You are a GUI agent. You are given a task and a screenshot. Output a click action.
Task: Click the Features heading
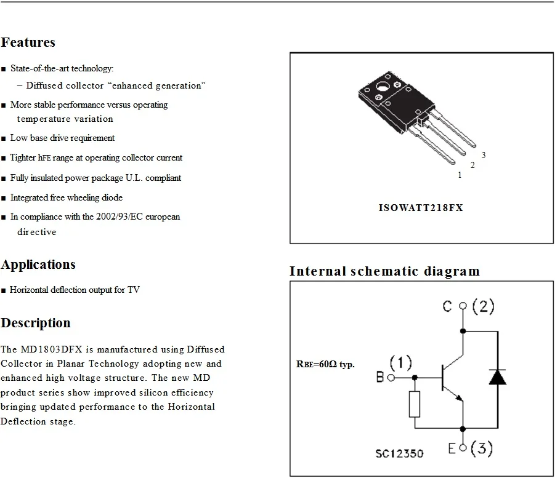click(x=28, y=42)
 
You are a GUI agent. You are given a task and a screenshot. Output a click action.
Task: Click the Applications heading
click(x=38, y=265)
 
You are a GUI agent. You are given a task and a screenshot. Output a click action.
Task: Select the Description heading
click(x=36, y=323)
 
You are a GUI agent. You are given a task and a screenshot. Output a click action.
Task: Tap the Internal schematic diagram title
click(x=385, y=271)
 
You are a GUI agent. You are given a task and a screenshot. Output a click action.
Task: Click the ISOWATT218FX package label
click(x=421, y=207)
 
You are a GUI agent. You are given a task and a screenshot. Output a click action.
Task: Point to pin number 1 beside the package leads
click(x=460, y=175)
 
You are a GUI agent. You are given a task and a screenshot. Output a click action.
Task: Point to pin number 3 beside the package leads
click(x=484, y=155)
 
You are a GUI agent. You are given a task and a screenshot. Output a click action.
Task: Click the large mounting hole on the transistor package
click(x=383, y=86)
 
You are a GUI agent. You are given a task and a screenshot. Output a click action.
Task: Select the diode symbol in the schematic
click(x=497, y=377)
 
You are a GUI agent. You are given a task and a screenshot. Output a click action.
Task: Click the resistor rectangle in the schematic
click(x=415, y=404)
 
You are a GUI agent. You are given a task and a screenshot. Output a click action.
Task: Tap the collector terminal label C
click(x=447, y=306)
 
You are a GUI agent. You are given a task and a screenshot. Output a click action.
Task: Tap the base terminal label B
click(x=380, y=377)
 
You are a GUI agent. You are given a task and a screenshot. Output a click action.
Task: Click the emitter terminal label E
click(x=452, y=448)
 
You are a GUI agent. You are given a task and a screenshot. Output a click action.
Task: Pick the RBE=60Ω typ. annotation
click(x=325, y=364)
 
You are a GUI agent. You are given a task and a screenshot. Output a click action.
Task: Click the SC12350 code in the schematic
click(x=399, y=453)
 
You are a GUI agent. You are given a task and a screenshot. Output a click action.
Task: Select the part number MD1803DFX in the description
click(x=51, y=349)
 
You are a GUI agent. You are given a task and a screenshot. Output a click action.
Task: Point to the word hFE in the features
click(x=44, y=157)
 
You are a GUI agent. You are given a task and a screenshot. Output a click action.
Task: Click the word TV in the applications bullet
click(x=134, y=290)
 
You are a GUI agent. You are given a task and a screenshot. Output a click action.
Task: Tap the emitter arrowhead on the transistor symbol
click(x=459, y=398)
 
